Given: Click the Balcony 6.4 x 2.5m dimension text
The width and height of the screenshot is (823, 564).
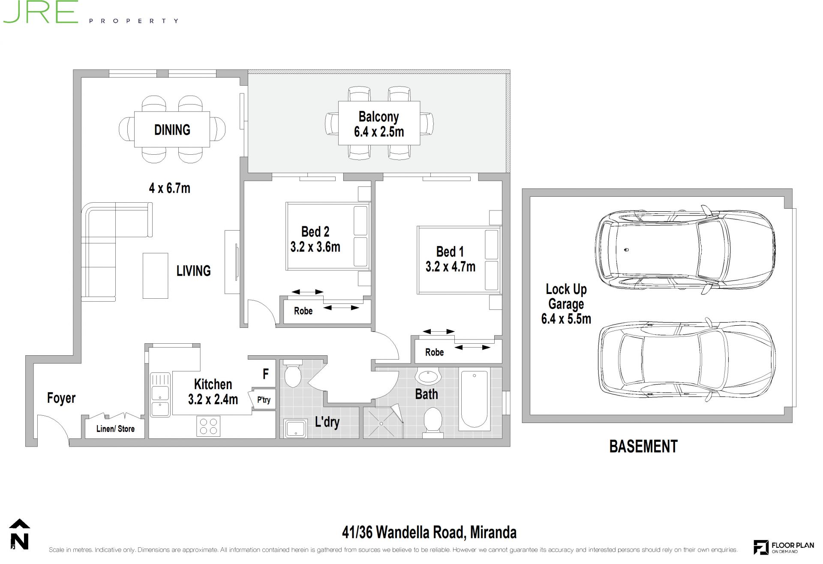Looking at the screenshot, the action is tap(379, 132).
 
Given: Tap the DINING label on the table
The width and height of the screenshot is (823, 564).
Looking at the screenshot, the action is tap(172, 129).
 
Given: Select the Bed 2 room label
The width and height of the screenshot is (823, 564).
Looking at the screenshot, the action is tap(315, 231).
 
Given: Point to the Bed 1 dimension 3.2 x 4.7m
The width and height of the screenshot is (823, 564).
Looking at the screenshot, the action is tap(451, 267).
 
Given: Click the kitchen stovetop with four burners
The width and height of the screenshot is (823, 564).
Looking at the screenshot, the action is tap(208, 426).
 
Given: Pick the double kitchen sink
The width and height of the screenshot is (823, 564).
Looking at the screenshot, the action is tap(160, 395).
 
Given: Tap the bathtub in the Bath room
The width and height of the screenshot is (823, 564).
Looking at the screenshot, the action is tap(474, 399).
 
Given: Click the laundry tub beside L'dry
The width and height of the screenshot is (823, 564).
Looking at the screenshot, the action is tap(295, 429).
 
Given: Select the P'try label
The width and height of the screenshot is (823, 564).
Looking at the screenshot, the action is tap(264, 400).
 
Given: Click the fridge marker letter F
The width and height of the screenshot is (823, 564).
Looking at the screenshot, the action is tap(266, 374).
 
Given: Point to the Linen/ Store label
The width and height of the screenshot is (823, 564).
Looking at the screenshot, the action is tap(115, 429).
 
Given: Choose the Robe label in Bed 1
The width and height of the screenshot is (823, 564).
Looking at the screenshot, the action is tap(434, 352).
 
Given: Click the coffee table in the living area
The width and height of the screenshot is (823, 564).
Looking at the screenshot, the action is tap(155, 276).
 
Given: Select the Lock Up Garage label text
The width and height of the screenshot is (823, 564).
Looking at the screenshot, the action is tap(566, 297).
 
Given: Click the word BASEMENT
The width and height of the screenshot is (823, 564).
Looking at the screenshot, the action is tap(643, 447).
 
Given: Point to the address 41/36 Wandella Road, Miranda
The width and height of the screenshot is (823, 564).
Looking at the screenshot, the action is tap(429, 532).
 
